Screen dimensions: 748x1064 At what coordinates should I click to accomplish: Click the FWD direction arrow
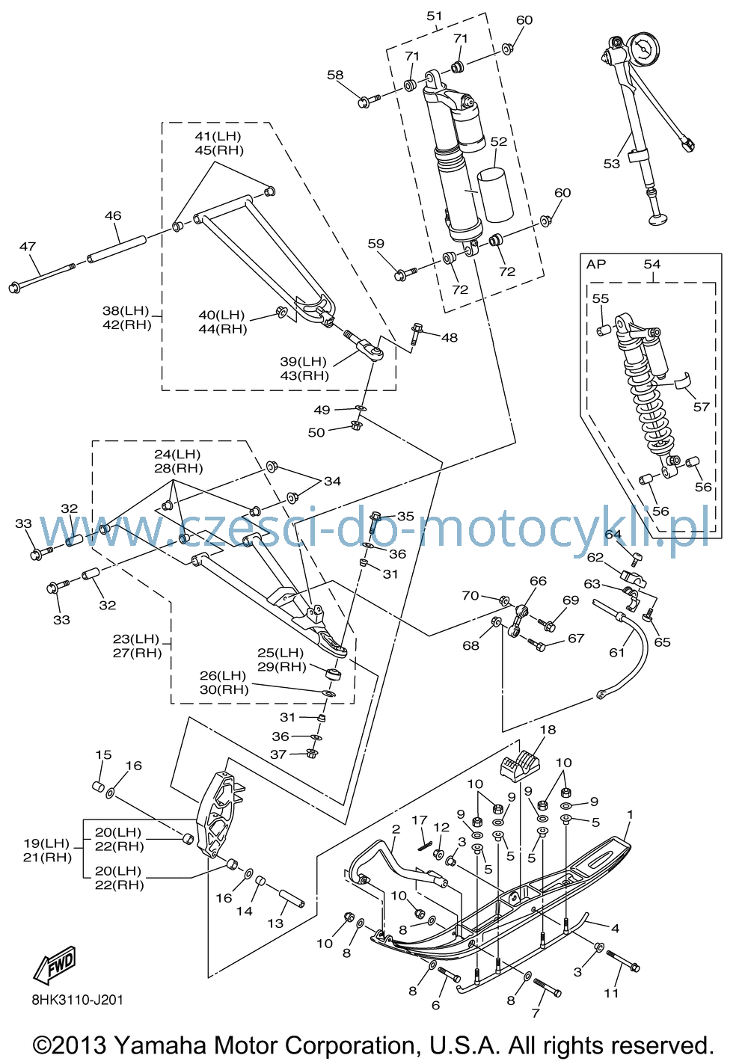(x=55, y=965)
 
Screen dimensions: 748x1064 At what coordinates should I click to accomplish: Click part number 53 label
(x=612, y=164)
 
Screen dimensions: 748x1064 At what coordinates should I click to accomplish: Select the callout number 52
(x=499, y=141)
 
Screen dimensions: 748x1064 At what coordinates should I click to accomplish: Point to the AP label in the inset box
(x=596, y=265)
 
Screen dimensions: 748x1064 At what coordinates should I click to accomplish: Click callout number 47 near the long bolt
(x=28, y=247)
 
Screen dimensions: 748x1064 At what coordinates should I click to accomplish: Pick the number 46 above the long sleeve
(x=113, y=215)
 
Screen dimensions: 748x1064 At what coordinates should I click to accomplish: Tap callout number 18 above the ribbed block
(x=548, y=730)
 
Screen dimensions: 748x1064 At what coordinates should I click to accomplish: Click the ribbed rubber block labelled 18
(x=519, y=763)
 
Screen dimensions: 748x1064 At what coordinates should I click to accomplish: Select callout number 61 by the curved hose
(x=616, y=653)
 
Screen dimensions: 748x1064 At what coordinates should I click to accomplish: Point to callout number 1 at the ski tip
(x=630, y=814)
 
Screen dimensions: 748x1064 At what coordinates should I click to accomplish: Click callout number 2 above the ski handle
(x=396, y=829)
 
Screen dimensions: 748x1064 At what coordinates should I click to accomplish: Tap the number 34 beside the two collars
(x=332, y=482)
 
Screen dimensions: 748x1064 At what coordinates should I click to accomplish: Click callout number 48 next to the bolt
(x=450, y=338)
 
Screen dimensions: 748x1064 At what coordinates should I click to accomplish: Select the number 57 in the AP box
(x=702, y=407)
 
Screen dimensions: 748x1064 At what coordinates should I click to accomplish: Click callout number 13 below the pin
(x=275, y=923)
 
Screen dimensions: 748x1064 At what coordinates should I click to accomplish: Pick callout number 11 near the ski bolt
(x=611, y=993)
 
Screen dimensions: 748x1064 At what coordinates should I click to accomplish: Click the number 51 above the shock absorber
(x=435, y=16)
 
